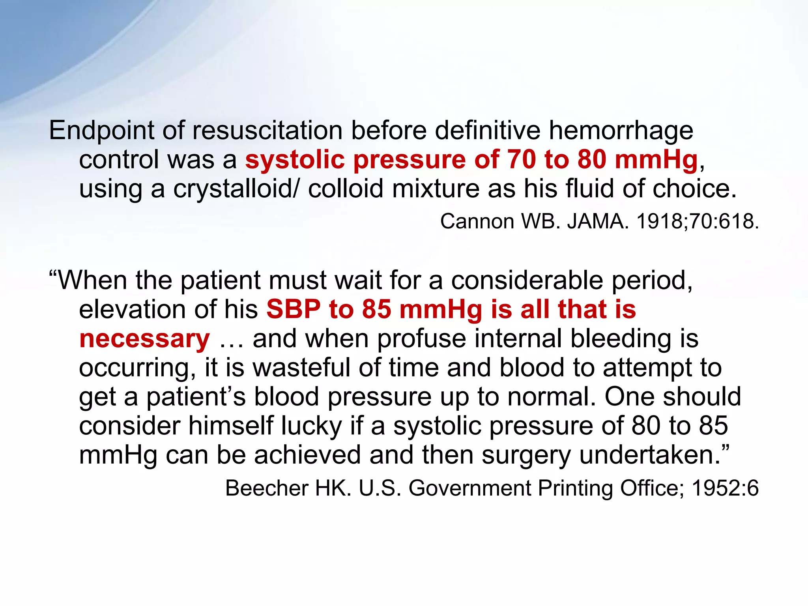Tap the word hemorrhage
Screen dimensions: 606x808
coord(621,131)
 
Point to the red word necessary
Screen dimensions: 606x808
coord(144,339)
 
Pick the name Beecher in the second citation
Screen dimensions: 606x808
coord(266,488)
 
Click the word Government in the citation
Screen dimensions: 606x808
coord(469,488)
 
